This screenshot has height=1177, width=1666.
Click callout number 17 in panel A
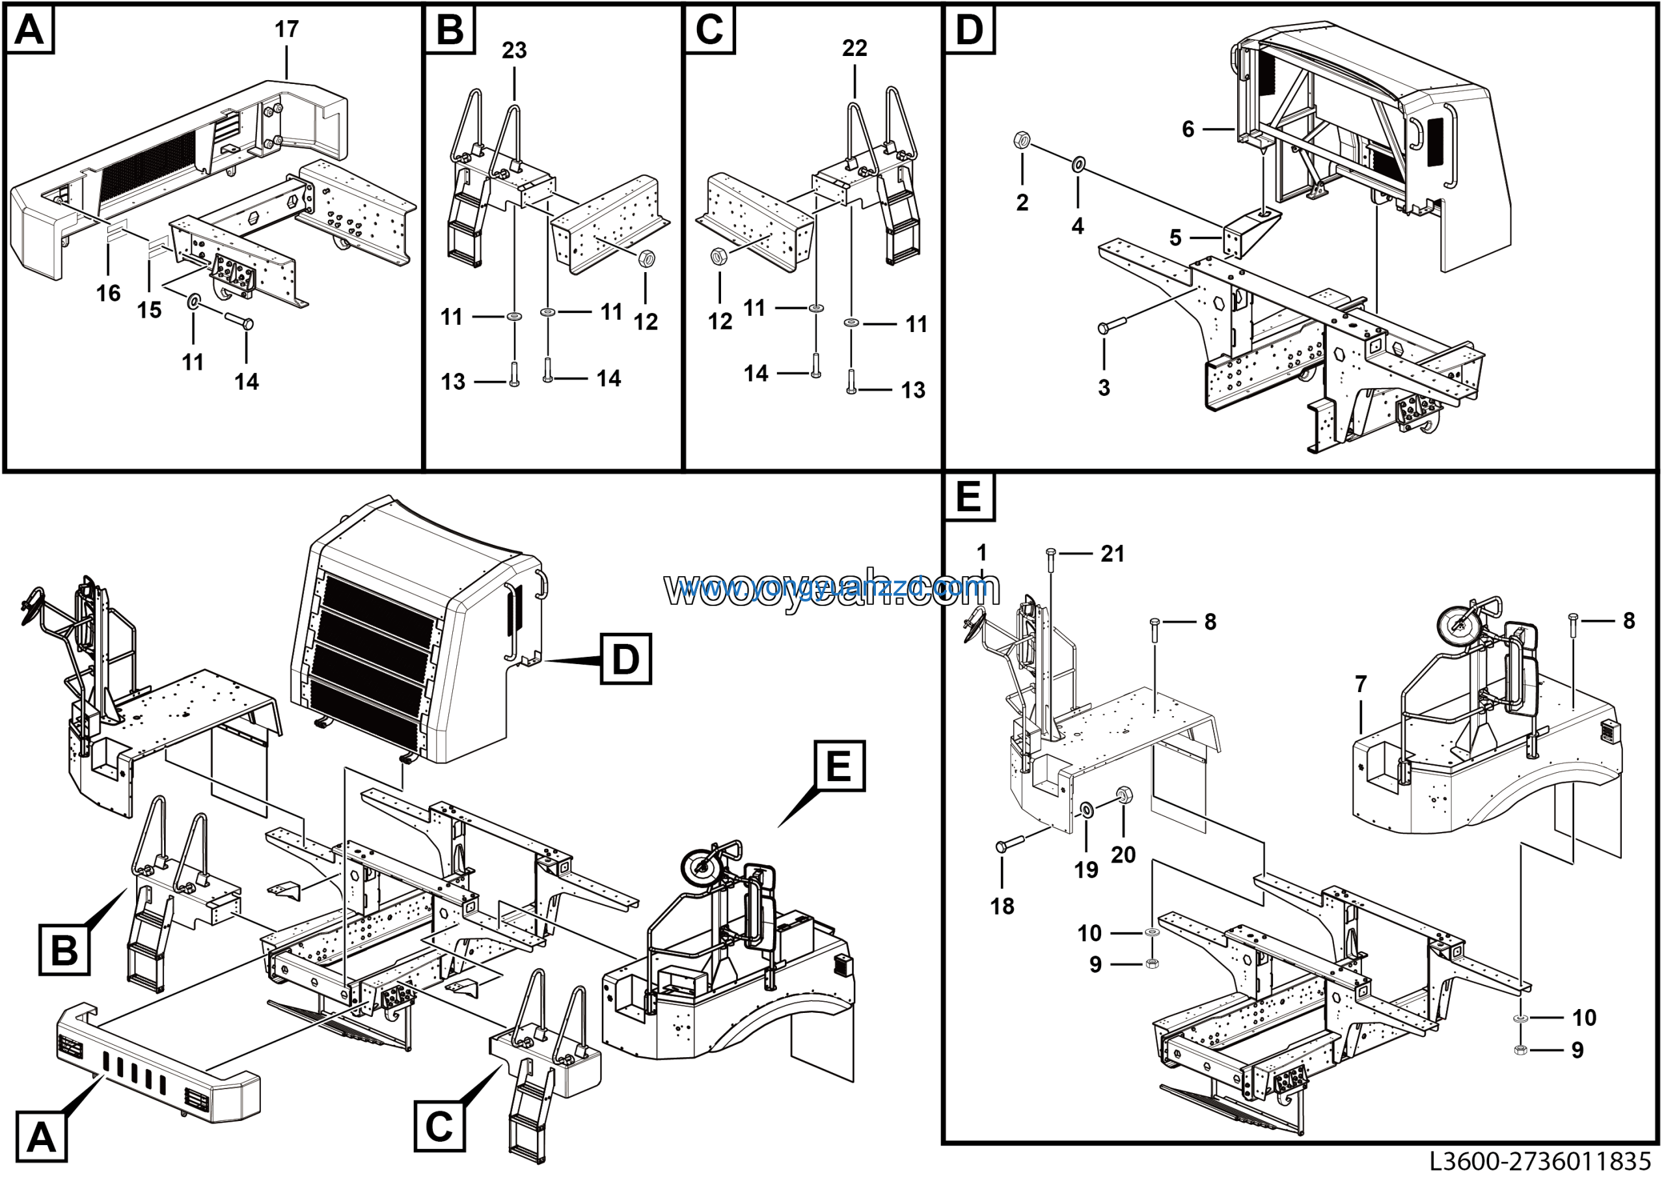point(286,30)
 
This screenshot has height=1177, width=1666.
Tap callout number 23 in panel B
point(515,51)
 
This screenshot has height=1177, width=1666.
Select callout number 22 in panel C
point(854,49)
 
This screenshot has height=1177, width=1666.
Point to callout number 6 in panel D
point(1188,129)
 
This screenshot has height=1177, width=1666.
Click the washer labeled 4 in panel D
point(1079,165)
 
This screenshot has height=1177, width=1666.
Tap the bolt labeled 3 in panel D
point(1111,324)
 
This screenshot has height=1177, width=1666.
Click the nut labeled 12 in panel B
point(646,259)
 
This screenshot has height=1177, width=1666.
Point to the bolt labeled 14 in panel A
point(239,320)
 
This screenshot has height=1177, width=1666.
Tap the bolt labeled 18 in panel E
point(1011,844)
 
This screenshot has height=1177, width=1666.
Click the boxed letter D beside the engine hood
point(625,659)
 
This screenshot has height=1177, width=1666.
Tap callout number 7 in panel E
point(1361,684)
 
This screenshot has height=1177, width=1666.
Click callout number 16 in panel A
point(109,293)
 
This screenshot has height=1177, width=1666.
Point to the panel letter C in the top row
point(709,31)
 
